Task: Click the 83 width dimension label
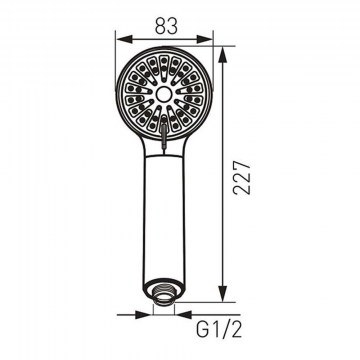point(166,27)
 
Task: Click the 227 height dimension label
point(242,178)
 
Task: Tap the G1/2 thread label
point(219,330)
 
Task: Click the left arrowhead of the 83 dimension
point(125,39)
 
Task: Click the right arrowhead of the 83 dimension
point(204,39)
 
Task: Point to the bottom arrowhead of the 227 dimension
point(222,294)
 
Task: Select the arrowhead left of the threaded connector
point(143,314)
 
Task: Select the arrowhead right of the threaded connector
point(184,314)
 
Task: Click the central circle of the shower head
point(164,94)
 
